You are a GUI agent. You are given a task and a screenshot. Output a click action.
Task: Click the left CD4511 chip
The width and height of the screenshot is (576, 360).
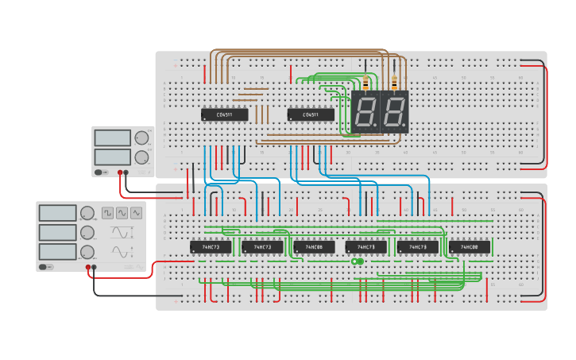tap(224, 114)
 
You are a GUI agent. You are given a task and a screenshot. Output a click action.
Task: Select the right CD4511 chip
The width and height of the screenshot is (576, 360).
tap(311, 114)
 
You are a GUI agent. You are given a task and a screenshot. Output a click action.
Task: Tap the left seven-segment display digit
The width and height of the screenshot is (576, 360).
tap(365, 112)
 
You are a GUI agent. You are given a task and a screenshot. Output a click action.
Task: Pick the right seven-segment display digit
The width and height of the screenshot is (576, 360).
tap(394, 112)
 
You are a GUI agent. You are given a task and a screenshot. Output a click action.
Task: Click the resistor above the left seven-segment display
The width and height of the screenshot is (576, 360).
tap(365, 83)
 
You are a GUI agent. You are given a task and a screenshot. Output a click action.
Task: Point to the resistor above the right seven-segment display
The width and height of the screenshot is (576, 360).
tap(394, 83)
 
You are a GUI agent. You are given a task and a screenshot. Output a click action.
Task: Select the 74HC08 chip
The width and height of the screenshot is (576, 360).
tap(314, 247)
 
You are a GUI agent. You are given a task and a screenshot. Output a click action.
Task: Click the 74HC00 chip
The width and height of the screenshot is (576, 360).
tap(470, 247)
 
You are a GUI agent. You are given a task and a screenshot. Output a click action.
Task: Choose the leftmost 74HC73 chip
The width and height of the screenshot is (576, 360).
tap(211, 247)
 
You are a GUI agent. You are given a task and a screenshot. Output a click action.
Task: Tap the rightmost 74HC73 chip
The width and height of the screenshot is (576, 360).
tap(418, 247)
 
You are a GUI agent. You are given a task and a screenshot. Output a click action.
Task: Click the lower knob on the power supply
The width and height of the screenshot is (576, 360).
tap(141, 157)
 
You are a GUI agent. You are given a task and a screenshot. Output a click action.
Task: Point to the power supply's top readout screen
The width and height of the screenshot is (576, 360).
tap(112, 137)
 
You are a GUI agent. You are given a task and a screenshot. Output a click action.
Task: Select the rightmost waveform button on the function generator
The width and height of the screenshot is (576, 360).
tap(136, 213)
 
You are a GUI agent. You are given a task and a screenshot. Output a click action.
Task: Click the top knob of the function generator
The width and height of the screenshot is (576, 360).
tap(87, 213)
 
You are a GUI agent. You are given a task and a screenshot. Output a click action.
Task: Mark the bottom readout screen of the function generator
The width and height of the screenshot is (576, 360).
tap(57, 252)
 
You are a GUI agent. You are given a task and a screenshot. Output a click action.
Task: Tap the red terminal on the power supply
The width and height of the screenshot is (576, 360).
tap(120, 172)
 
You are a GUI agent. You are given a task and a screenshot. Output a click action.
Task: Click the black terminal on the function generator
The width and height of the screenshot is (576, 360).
tap(95, 268)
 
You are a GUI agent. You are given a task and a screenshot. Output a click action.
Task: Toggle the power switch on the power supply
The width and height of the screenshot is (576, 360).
tap(99, 172)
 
